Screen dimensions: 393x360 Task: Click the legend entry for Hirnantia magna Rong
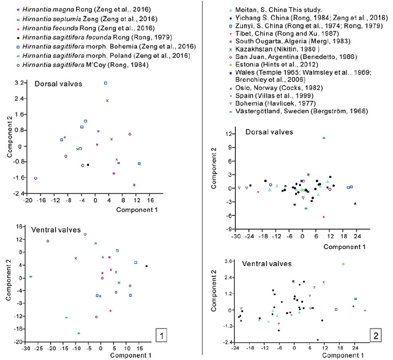[x=84, y=9]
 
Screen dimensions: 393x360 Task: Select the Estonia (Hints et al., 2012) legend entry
[x=274, y=64]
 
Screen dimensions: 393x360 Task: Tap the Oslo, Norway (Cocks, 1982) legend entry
[x=276, y=88]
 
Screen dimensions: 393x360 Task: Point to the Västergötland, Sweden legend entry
[x=299, y=111]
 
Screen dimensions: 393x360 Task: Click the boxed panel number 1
[x=161, y=335]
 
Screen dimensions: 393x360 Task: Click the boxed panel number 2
[x=376, y=335]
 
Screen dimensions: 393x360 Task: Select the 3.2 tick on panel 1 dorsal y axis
[x=19, y=83]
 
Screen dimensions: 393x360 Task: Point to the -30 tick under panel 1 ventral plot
[x=25, y=349]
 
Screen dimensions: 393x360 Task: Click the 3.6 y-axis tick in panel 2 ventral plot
[x=229, y=261]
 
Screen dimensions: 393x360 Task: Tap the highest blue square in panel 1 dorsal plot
[x=106, y=83]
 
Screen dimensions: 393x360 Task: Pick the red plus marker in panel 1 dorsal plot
[x=65, y=137]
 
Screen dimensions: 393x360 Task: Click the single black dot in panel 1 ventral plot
[x=146, y=266]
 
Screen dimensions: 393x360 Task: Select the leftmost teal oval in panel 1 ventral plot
[x=30, y=277]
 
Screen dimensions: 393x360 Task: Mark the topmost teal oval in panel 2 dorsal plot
[x=324, y=138]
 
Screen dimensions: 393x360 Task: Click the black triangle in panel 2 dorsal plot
[x=355, y=204]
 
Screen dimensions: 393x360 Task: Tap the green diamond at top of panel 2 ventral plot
[x=343, y=264]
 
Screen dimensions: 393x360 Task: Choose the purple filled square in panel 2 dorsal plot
[x=309, y=175]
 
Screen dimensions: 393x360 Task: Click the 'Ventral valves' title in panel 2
[x=267, y=264]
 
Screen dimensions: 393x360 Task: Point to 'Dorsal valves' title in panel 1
[x=58, y=84]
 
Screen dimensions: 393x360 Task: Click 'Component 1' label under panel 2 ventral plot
[x=343, y=355]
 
